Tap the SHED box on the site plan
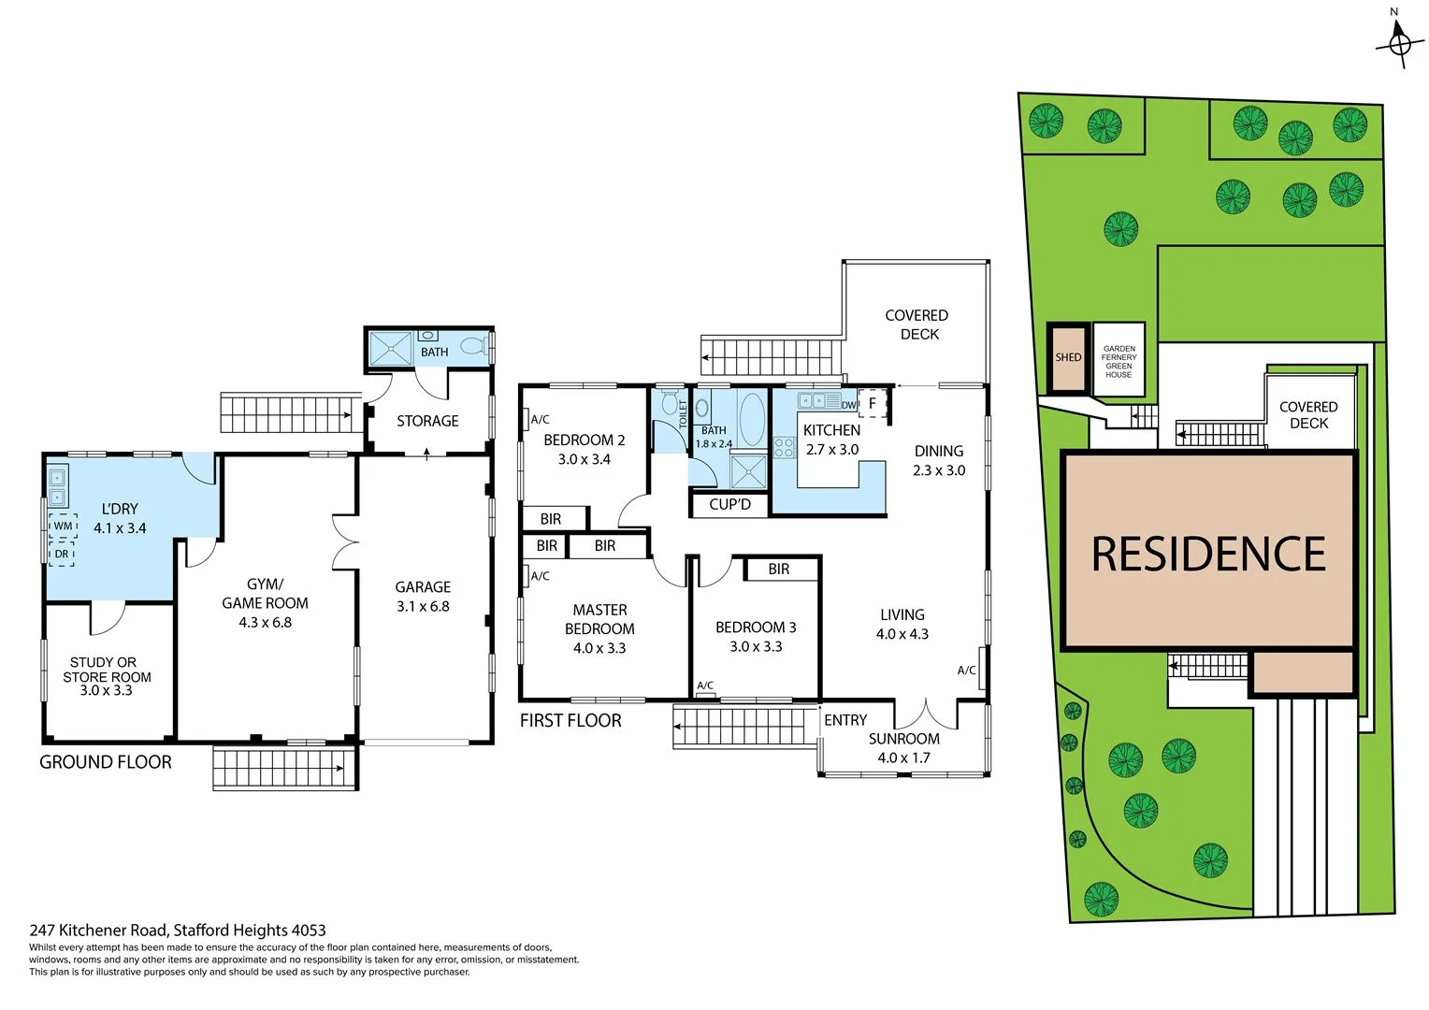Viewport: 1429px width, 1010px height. [x=1068, y=357]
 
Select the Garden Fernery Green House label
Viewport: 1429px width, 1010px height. [x=1119, y=361]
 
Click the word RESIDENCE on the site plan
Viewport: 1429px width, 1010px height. [x=1208, y=554]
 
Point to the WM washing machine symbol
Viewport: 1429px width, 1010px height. [x=63, y=526]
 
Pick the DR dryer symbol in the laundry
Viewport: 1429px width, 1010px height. [x=62, y=554]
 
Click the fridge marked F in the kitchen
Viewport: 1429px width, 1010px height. [x=872, y=403]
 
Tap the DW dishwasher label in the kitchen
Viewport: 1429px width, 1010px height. [x=848, y=405]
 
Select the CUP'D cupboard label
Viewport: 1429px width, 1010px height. [x=729, y=504]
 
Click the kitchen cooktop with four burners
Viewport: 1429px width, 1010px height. [x=784, y=447]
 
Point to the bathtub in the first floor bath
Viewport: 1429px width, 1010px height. [x=751, y=417]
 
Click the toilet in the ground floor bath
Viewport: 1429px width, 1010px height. [x=474, y=346]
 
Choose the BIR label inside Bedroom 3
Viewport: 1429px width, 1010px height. [x=779, y=569]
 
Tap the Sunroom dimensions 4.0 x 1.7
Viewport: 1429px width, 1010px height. [x=903, y=757]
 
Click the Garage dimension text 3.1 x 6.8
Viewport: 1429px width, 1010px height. [x=423, y=606]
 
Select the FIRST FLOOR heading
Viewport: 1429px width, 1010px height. [x=570, y=720]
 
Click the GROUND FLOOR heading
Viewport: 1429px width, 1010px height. [x=106, y=762]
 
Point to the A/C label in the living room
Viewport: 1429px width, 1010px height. [x=967, y=670]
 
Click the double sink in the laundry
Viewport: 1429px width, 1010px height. [x=57, y=484]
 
